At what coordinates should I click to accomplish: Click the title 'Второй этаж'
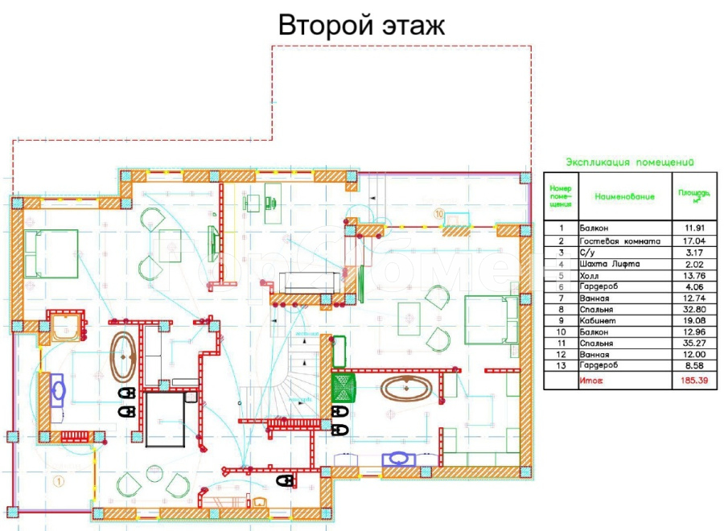coord(361,25)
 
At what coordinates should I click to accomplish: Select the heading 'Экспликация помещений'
coord(630,162)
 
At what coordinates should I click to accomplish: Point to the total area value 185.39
coord(693,381)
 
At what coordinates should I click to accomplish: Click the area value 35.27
coord(693,343)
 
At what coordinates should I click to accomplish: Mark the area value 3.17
coord(693,252)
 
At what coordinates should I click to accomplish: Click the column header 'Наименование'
coord(624,196)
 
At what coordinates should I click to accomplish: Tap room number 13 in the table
coord(561,365)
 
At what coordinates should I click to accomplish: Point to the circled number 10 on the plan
coord(438,214)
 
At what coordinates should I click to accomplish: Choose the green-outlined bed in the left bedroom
coord(51,253)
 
